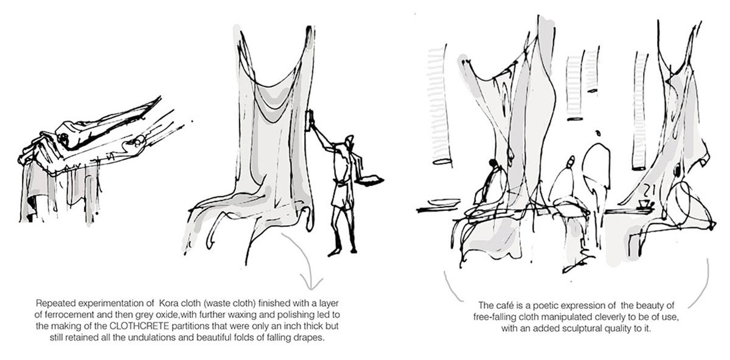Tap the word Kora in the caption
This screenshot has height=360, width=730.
pos(167,303)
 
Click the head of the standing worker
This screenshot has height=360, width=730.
pos(349,140)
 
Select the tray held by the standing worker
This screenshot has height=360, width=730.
pos(371,180)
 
